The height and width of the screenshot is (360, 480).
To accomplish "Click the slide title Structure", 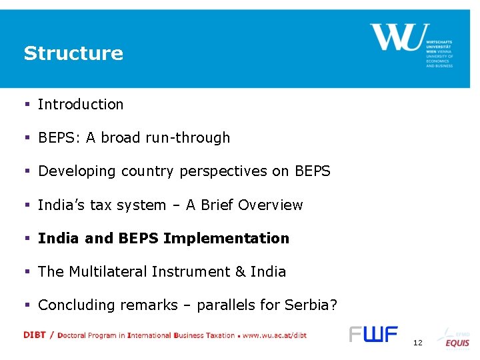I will pos(73,53).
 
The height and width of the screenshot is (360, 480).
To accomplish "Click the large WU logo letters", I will pos(396,37).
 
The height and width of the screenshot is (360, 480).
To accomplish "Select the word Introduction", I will pos(81,105).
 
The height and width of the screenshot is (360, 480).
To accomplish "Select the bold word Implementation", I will pos(226,239).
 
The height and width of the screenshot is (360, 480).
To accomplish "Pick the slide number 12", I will pos(418,343).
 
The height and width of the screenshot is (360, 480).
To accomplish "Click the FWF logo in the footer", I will pos(373,334).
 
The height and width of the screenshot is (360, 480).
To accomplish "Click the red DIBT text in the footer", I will pos(35,335).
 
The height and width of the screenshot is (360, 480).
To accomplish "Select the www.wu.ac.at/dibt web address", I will pos(275,335).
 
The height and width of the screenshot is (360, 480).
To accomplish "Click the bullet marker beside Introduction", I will pos(27,105).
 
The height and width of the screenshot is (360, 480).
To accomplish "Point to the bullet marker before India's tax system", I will pos(27,205).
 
